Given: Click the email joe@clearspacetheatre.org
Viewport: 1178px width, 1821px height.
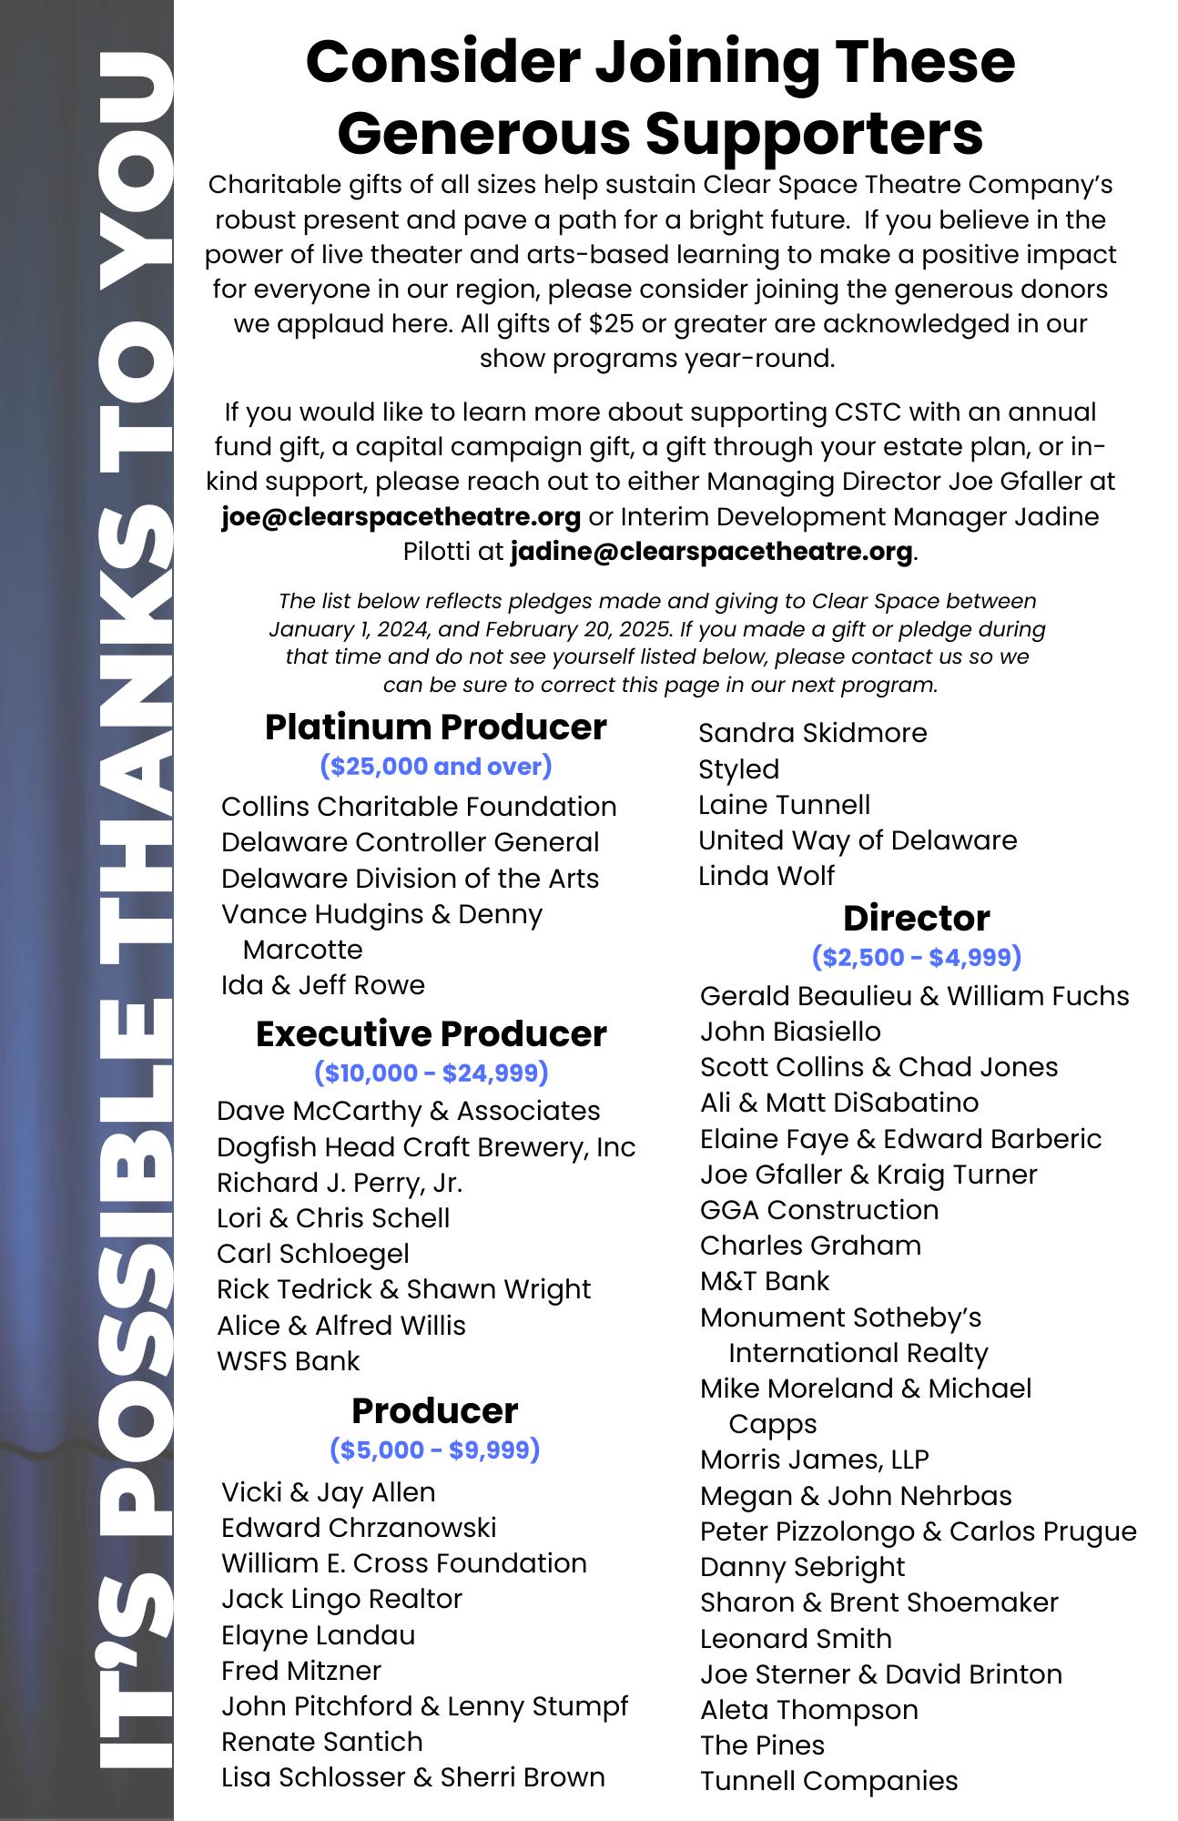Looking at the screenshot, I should pos(401,517).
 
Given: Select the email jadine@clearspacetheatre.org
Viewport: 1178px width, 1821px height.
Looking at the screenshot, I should pos(711,552).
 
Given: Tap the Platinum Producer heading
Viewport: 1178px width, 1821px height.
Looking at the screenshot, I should pos(435,727).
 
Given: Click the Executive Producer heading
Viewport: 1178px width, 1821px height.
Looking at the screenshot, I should pos(432,1034).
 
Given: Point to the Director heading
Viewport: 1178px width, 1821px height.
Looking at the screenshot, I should pos(916,918).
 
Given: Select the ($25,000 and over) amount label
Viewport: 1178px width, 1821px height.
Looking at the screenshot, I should pos(436,767).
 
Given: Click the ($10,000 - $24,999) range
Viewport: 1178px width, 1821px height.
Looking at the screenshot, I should pos(432,1073).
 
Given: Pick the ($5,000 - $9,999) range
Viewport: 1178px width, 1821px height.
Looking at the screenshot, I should pos(435,1449).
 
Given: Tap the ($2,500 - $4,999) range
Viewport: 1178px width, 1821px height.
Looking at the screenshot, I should pos(916,957).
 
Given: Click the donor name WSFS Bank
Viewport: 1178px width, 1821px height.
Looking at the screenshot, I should pos(289,1361).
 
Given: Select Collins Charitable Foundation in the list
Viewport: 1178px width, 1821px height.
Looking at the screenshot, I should pos(419,807).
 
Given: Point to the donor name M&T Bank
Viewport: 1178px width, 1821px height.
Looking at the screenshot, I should pos(765,1281).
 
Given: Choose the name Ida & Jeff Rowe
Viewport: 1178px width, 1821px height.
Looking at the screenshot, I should pos(323,985).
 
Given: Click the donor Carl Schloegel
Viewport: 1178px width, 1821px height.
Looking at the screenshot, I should pos(313,1254).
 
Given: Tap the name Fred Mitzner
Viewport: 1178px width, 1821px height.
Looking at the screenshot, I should pos(301,1671).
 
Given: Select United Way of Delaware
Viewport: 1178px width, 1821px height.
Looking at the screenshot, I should pos(858,840).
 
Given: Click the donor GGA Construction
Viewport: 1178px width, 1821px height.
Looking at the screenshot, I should pos(819,1210).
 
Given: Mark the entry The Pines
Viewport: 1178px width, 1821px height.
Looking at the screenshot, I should pos(762,1745).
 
